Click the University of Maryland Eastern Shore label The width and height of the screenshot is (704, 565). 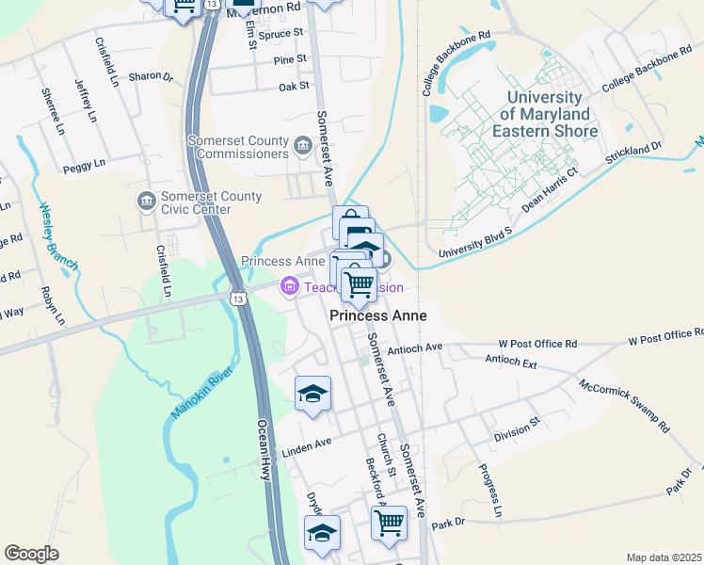551,115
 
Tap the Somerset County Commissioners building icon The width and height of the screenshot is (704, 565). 303,145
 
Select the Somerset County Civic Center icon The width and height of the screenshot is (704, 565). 146,201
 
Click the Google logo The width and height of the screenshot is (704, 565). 31,554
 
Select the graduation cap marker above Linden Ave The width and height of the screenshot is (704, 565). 313,393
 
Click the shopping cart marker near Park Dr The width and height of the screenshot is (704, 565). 389,522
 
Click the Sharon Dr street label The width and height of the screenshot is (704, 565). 152,77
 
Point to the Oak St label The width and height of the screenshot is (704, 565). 295,87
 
